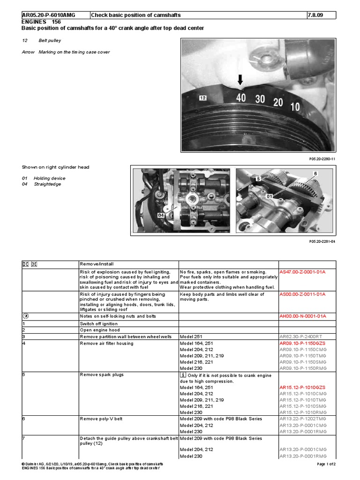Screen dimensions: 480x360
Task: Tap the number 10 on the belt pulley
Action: click(295, 106)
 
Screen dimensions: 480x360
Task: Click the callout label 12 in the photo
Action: click(202, 98)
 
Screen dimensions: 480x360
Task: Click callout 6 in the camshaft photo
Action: click(315, 173)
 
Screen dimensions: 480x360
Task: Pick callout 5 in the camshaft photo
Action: click(257, 179)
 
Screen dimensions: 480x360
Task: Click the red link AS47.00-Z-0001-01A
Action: click(302, 271)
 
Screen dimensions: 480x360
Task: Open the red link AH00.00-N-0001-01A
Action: click(302, 316)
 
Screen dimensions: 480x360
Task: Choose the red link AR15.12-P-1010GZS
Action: click(302, 388)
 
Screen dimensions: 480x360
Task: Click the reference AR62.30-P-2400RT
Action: click(300, 337)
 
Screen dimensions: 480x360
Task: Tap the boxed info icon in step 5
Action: click(183, 375)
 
